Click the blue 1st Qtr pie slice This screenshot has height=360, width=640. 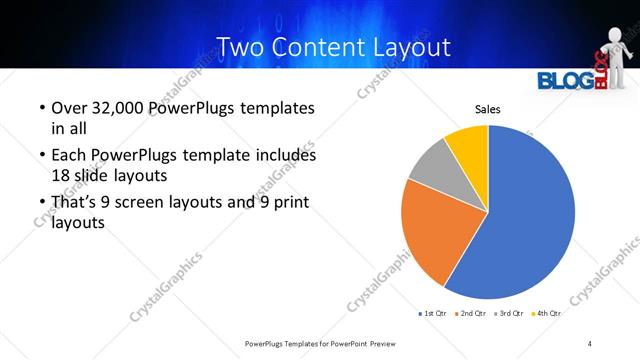tap(525, 215)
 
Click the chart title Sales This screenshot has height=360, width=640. tap(487, 110)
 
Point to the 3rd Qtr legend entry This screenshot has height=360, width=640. tap(510, 313)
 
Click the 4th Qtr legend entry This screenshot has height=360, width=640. tap(546, 313)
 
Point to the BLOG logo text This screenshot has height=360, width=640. tap(564, 81)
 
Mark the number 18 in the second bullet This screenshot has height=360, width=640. tap(63, 174)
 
